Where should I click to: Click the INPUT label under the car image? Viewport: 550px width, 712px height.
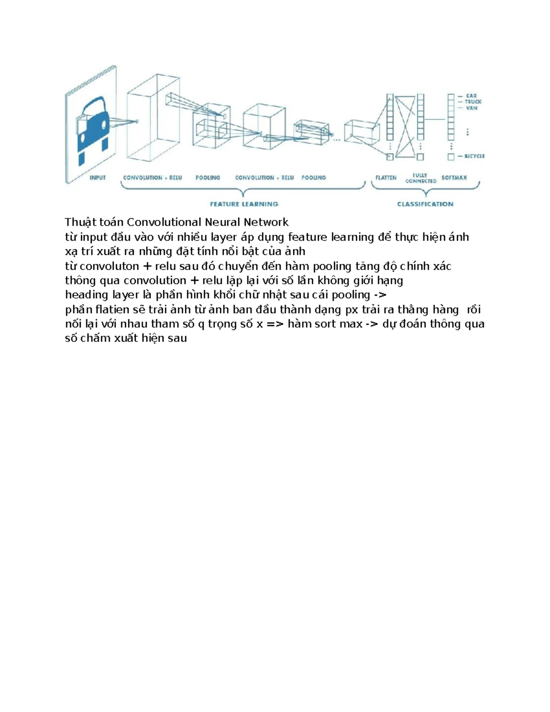(98, 177)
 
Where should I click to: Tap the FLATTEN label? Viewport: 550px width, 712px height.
(386, 177)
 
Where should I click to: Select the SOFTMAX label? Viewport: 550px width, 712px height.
(454, 177)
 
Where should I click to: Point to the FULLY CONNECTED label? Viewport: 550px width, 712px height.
(421, 178)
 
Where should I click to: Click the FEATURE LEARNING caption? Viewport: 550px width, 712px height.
(244, 204)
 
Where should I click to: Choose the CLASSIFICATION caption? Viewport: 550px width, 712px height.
(425, 204)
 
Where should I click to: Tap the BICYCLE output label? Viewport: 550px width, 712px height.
(475, 156)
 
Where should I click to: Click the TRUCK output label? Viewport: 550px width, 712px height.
(473, 102)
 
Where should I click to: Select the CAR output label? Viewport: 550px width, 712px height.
(471, 96)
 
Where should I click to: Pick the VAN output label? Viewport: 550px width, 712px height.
(472, 108)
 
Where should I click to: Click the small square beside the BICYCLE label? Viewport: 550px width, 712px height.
(451, 157)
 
